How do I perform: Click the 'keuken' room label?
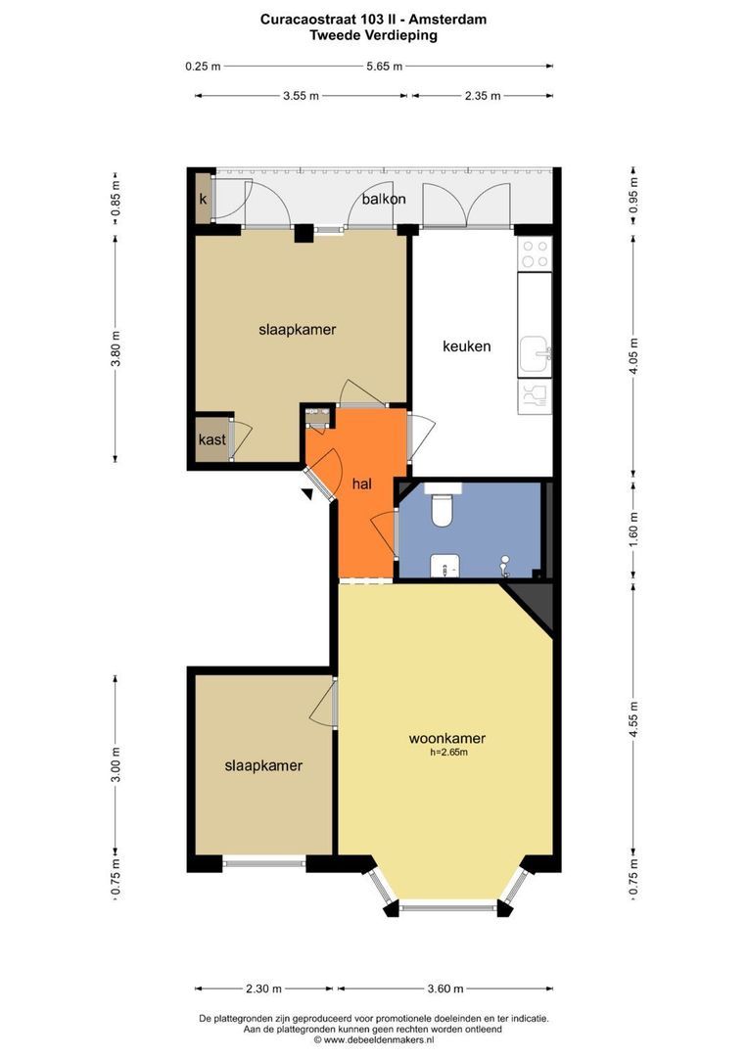(466, 346)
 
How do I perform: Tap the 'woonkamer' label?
(447, 738)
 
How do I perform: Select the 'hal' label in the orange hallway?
(362, 483)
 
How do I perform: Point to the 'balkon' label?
(384, 199)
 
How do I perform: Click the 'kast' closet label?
(211, 439)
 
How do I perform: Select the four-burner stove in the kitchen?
(535, 253)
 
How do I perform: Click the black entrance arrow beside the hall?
(307, 494)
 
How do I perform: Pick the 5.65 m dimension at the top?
(385, 67)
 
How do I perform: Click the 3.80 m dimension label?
(116, 349)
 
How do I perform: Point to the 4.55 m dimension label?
(633, 719)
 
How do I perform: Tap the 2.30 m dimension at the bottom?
(263, 988)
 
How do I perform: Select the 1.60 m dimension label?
(633, 529)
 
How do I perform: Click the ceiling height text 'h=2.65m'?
(448, 753)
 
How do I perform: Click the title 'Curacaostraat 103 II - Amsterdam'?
(374, 20)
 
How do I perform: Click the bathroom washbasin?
(445, 567)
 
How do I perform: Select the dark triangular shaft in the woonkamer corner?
(534, 603)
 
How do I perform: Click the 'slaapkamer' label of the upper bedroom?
(298, 330)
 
